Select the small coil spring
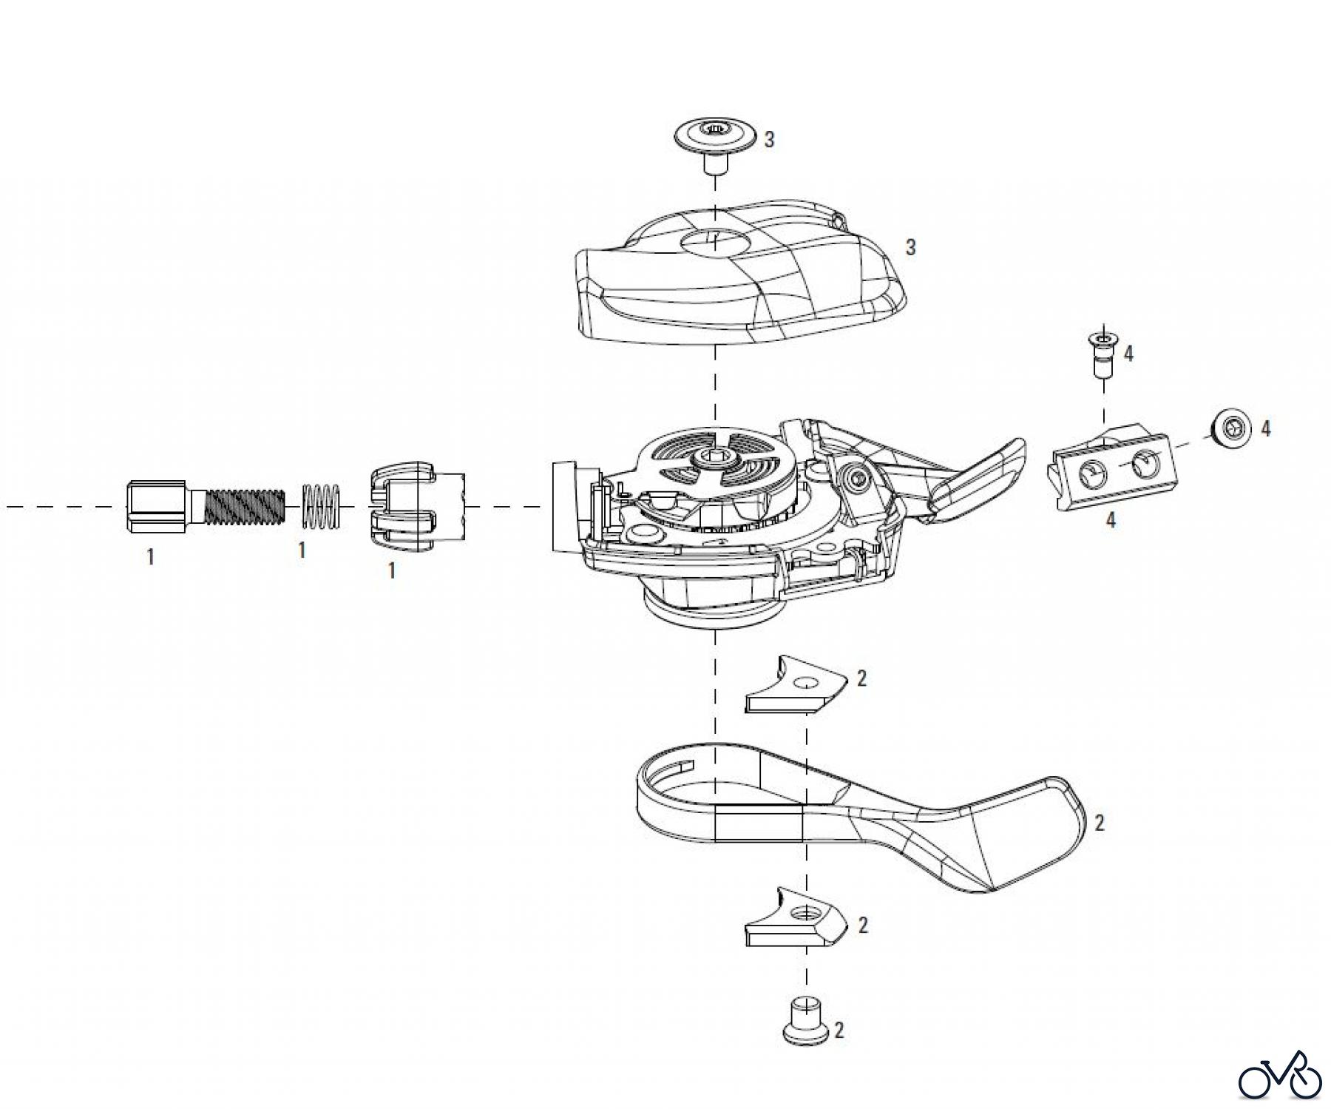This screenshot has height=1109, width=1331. click(x=321, y=507)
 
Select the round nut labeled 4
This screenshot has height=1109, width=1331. click(x=1230, y=428)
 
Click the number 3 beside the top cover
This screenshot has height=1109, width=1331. click(x=911, y=247)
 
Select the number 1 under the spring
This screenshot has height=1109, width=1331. click(x=302, y=550)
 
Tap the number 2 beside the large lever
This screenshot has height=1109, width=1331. click(x=1100, y=823)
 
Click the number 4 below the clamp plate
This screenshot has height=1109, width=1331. click(x=1111, y=520)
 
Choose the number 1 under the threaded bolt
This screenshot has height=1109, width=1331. click(x=151, y=556)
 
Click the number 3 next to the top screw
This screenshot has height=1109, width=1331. click(x=769, y=139)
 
